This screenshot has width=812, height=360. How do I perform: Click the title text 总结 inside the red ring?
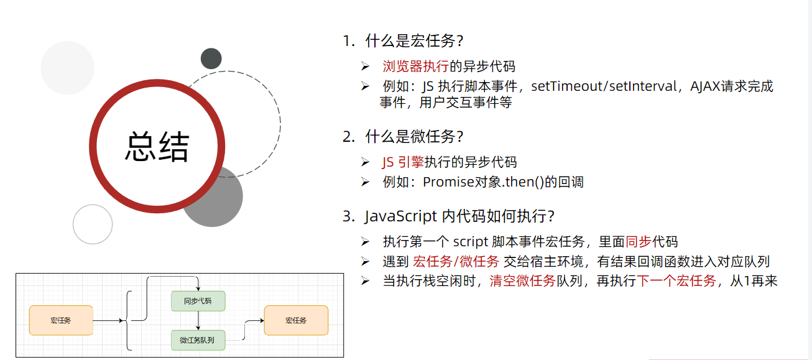(157, 147)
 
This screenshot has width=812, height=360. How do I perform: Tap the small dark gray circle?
(211, 58)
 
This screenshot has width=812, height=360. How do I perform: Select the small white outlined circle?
(93, 224)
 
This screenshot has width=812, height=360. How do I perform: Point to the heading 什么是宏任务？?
(414, 41)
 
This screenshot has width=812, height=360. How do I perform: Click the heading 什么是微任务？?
(414, 136)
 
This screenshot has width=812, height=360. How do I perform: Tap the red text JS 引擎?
(403, 163)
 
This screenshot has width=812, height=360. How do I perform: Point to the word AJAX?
(705, 86)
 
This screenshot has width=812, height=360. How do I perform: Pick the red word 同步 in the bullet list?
(639, 242)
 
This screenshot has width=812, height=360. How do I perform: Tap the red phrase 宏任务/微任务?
(456, 262)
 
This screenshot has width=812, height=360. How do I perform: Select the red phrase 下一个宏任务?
(676, 281)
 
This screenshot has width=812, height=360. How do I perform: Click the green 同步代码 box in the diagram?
(198, 301)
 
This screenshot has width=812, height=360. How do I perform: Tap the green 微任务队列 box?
(198, 340)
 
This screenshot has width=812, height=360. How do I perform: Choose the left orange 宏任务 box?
(61, 320)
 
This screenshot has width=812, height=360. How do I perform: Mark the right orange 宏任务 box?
(296, 320)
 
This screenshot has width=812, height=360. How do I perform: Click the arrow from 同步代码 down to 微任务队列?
(198, 321)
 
